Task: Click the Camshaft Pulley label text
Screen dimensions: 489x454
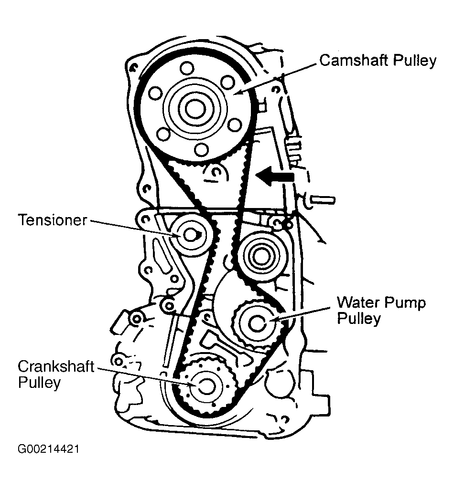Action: pyautogui.click(x=378, y=61)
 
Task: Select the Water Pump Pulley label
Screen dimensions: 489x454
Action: pyautogui.click(x=381, y=310)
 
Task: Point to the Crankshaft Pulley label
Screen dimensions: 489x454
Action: pyautogui.click(x=56, y=375)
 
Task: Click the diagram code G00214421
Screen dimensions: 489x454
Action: pyautogui.click(x=49, y=449)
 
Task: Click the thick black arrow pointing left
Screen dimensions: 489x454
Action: pyautogui.click(x=274, y=177)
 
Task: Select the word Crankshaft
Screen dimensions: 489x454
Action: pyautogui.click(x=56, y=367)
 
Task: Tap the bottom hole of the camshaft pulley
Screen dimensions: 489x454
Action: pyautogui.click(x=202, y=150)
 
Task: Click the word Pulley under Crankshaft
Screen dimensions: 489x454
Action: pyautogui.click(x=39, y=383)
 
